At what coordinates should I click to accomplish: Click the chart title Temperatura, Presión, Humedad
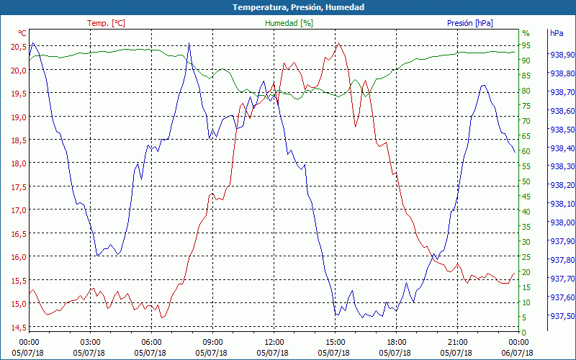coord(288,7)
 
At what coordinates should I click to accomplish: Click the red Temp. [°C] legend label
coord(106,23)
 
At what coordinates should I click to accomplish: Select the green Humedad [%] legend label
coord(289,23)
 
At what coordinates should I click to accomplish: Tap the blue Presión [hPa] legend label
coord(469,23)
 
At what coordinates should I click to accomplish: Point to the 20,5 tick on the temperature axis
coord(18,47)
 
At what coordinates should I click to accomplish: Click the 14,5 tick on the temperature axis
coord(18,328)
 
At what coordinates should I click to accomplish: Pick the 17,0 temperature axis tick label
coord(18,210)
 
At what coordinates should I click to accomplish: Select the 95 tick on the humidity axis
coord(526,45)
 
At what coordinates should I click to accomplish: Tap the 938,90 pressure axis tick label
coord(562,55)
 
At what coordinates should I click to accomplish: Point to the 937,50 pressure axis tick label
coord(562,316)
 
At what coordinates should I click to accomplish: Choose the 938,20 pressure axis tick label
coord(562,185)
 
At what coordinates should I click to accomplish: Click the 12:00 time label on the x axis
coord(274,342)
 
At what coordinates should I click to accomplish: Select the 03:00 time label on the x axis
coord(90,342)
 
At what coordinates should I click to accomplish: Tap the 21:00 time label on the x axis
coord(458,342)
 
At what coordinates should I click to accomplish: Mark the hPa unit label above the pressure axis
coord(557,33)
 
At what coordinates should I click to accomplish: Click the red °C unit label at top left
coord(22,33)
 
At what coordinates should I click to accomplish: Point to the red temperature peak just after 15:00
coord(338,44)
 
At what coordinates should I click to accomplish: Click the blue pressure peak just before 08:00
coord(189,43)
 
